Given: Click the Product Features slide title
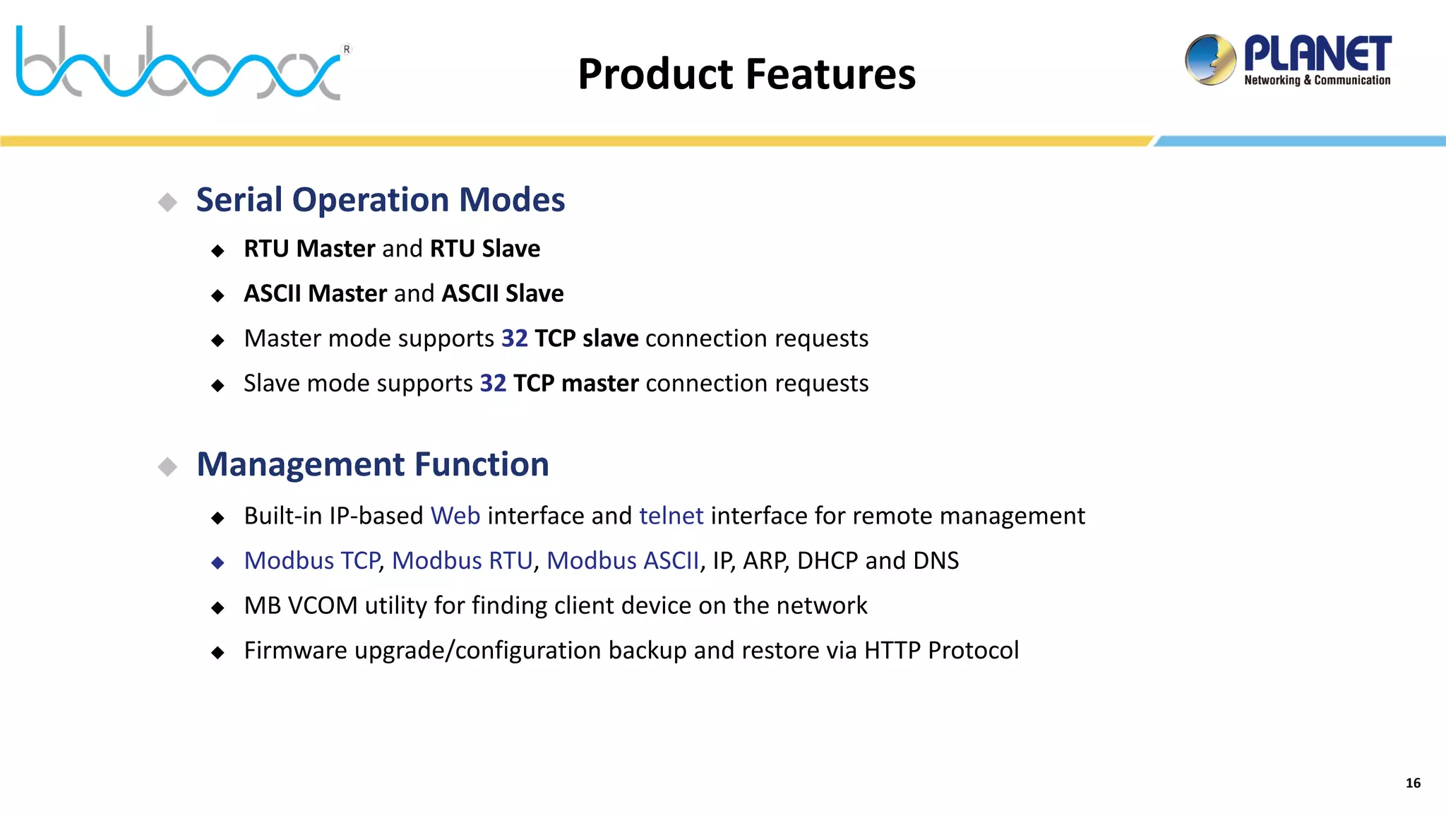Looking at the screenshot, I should [x=746, y=74].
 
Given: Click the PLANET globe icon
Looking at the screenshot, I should [x=1210, y=60].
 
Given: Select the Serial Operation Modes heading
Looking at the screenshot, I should [x=380, y=200].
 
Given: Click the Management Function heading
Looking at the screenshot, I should [x=372, y=465].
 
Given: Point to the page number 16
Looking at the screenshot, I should [x=1413, y=783].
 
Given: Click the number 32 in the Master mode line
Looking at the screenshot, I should [x=514, y=338].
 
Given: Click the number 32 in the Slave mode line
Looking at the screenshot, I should [x=493, y=383].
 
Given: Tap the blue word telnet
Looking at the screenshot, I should [x=671, y=516].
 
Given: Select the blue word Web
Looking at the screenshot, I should [x=455, y=516].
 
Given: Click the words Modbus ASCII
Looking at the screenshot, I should [x=622, y=560].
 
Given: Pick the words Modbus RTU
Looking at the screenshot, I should [x=462, y=560].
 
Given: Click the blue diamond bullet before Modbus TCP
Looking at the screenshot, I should [x=217, y=562].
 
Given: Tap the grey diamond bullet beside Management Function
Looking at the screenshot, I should [x=167, y=466].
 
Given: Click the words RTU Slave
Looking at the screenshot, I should [x=484, y=249].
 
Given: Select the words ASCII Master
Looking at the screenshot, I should [x=315, y=293].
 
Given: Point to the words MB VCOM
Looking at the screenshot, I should [x=300, y=606].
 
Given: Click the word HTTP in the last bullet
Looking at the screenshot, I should [x=892, y=650].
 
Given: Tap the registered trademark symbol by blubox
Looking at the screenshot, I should [x=347, y=49].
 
